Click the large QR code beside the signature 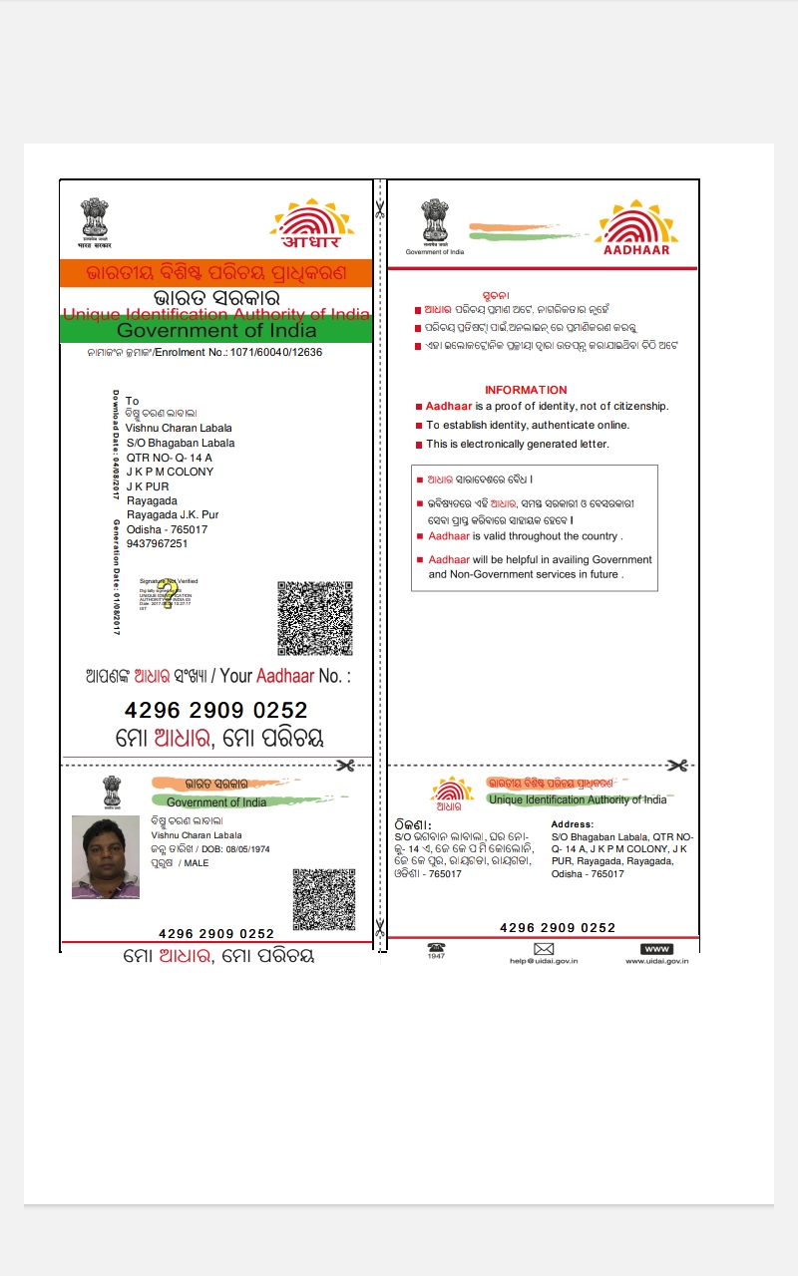(x=315, y=618)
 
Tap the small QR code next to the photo (x=323, y=899)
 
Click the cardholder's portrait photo (x=106, y=857)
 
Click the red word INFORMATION (x=526, y=390)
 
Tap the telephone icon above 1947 (x=436, y=947)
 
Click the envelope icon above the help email (x=544, y=948)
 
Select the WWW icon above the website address (x=656, y=948)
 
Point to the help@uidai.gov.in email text (x=544, y=961)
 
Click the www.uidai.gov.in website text (x=656, y=961)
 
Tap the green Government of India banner (x=215, y=331)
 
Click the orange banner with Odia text (x=215, y=272)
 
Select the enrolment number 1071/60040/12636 (x=276, y=352)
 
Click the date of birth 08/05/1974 (x=247, y=849)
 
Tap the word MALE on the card (x=197, y=863)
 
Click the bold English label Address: (x=573, y=824)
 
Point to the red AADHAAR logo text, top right (x=637, y=250)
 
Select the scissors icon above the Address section (x=677, y=766)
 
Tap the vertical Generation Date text (x=117, y=578)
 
